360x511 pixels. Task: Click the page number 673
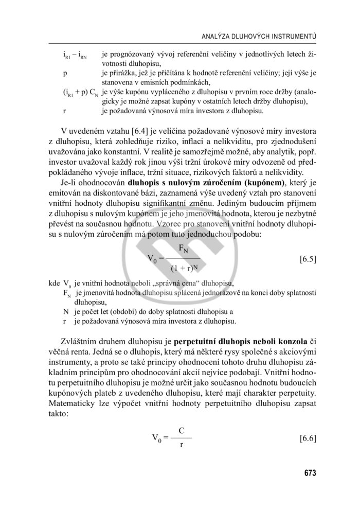click(x=309, y=473)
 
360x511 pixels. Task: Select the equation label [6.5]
click(x=307, y=259)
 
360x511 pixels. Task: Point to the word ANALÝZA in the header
click(x=220, y=37)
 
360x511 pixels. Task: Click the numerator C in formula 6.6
click(x=182, y=430)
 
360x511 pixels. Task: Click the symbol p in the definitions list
click(x=65, y=73)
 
